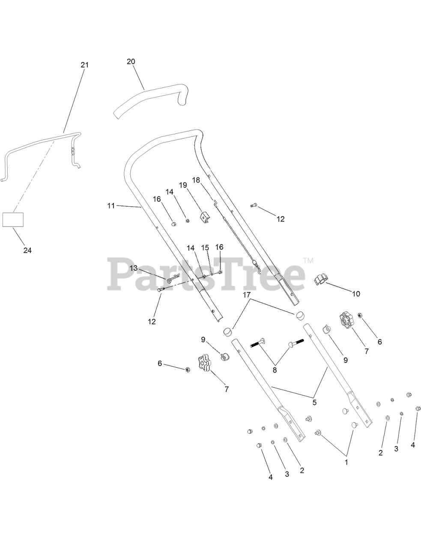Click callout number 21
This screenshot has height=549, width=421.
84,65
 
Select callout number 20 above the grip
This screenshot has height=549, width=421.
131,61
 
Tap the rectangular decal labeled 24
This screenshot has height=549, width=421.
13,219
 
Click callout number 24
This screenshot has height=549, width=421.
27,250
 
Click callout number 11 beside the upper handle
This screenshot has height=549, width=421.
111,206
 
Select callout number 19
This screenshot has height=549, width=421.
183,185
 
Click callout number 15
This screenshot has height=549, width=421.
205,247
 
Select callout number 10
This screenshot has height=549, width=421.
356,294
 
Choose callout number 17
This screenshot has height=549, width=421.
246,295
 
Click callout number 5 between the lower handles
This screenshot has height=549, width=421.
314,402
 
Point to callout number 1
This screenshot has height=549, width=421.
346,462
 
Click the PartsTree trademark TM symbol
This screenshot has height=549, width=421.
308,260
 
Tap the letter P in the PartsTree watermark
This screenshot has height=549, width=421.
122,273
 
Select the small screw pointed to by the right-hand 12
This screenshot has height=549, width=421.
254,206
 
